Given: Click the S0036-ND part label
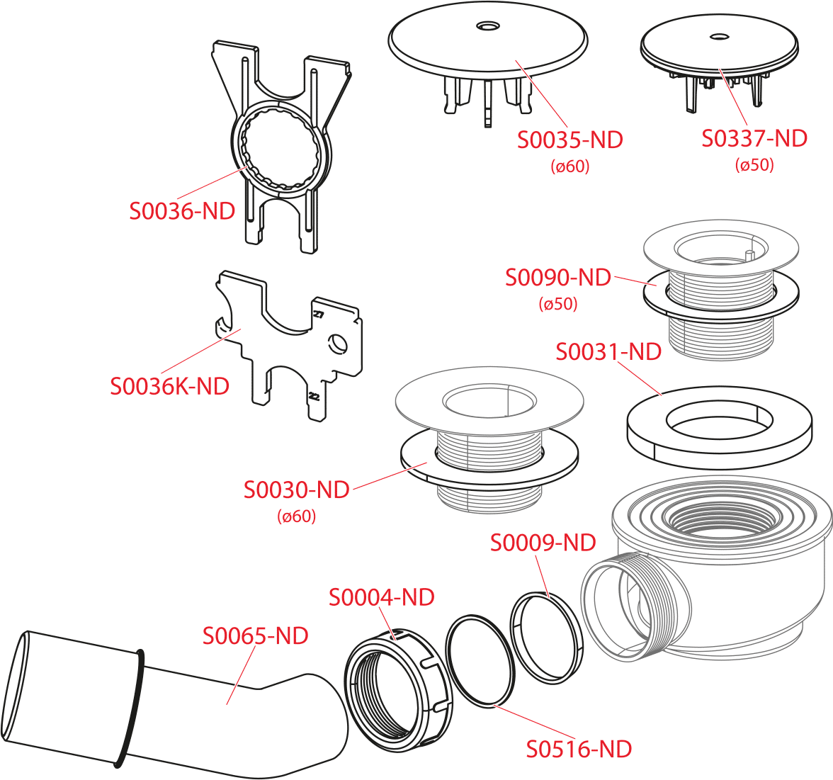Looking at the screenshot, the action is pos(182,211).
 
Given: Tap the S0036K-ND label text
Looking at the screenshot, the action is pos(169,386).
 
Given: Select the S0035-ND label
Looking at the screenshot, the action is pos(570,140).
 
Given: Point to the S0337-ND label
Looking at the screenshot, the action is pos(754,138).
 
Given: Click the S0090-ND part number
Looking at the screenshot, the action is pos(558,278).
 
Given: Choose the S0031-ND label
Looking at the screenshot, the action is pos(608,351).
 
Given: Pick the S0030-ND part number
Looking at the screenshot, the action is pos(296,490).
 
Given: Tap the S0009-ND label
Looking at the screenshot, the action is pos(543,543).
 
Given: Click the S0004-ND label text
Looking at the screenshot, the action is pos(381,597).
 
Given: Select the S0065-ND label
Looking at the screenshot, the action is pos(256,635).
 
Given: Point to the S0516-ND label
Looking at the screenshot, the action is pos(579,750).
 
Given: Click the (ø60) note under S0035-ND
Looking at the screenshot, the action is pos(570,167).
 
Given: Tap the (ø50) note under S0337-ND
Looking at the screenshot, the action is pos(754,165).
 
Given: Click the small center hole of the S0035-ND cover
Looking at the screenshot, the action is pos(487,26).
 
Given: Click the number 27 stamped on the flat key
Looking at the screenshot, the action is pos(318,315).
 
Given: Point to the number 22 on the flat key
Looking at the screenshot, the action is pos(314,397).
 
